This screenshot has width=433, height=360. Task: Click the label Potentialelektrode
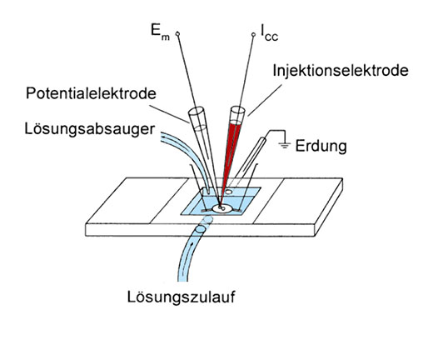(x=91, y=93)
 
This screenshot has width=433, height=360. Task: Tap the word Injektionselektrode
(x=341, y=70)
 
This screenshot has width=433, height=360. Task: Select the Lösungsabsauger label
(x=90, y=129)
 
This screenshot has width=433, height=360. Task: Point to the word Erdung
(x=321, y=146)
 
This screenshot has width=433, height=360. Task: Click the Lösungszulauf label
(x=181, y=297)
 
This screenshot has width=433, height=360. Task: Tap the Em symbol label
(x=160, y=32)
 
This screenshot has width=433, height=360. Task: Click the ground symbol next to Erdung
(x=285, y=145)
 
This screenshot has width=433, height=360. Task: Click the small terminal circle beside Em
(x=177, y=34)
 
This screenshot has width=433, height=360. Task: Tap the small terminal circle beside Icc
(x=253, y=34)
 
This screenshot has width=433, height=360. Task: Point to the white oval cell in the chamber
(x=222, y=208)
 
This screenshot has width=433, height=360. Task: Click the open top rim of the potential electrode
(x=196, y=112)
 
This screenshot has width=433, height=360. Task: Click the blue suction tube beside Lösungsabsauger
(x=189, y=156)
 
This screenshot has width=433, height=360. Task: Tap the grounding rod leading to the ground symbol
(x=247, y=161)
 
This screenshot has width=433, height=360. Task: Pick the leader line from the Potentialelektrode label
(x=169, y=113)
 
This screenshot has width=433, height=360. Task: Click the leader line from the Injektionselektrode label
(x=265, y=100)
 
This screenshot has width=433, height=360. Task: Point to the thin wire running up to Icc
(x=247, y=71)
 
